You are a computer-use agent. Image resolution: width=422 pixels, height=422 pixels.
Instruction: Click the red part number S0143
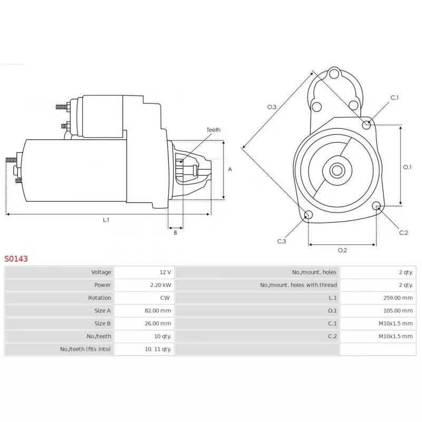16,259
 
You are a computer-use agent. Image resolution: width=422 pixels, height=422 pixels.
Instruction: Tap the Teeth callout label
214,130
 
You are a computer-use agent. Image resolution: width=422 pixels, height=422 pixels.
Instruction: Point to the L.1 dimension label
106,220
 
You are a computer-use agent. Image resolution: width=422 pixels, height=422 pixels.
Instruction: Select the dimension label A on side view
230,169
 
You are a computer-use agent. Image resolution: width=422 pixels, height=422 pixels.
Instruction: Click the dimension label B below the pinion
176,233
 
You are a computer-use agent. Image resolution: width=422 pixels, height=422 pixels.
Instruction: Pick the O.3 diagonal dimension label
272,107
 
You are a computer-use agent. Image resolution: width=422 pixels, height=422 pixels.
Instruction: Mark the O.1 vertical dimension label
407,167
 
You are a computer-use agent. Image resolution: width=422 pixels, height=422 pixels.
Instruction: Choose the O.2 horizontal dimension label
342,250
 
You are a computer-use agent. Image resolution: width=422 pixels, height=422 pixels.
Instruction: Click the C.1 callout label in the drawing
395,98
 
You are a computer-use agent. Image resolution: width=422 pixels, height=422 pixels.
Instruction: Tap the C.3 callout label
282,242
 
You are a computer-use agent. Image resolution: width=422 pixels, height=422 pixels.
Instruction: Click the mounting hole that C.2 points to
377,206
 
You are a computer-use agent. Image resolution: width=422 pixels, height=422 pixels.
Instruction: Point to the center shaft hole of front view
337,170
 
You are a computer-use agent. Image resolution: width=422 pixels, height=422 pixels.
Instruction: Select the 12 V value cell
165,272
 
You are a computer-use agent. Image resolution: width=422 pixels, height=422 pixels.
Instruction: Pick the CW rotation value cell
165,298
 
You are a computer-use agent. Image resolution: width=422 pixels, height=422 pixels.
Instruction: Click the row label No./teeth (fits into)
84,349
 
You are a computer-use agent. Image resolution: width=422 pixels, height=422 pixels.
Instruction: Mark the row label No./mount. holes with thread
298,285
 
